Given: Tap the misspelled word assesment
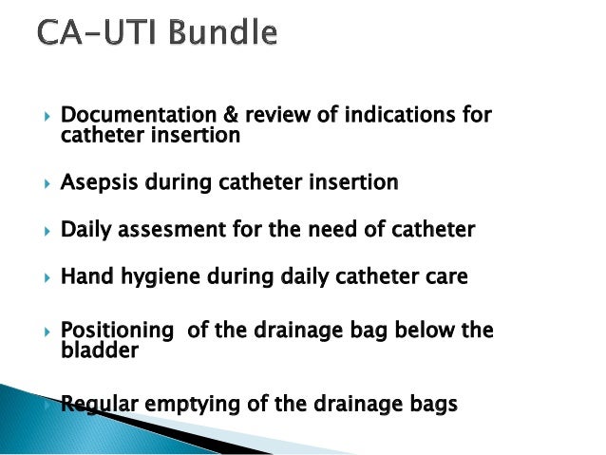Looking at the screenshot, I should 169,229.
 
